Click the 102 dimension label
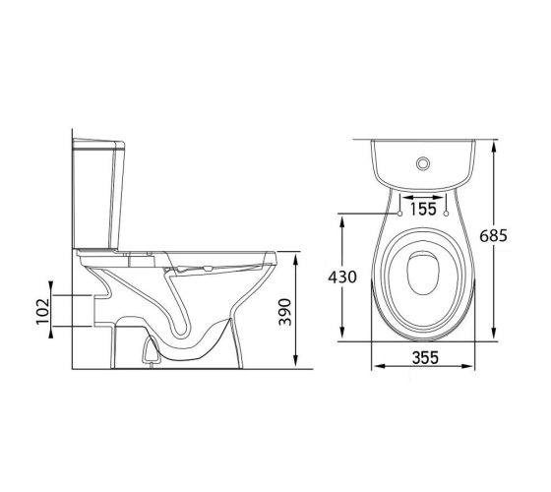point(42,311)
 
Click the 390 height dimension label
point(284,312)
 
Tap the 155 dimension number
point(423,209)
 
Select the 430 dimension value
point(342,277)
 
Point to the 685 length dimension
point(493,235)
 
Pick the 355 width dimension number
point(425,358)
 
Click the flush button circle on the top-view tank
point(423,163)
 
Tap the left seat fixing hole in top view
point(399,214)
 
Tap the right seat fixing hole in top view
point(447,214)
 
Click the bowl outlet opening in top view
point(423,273)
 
